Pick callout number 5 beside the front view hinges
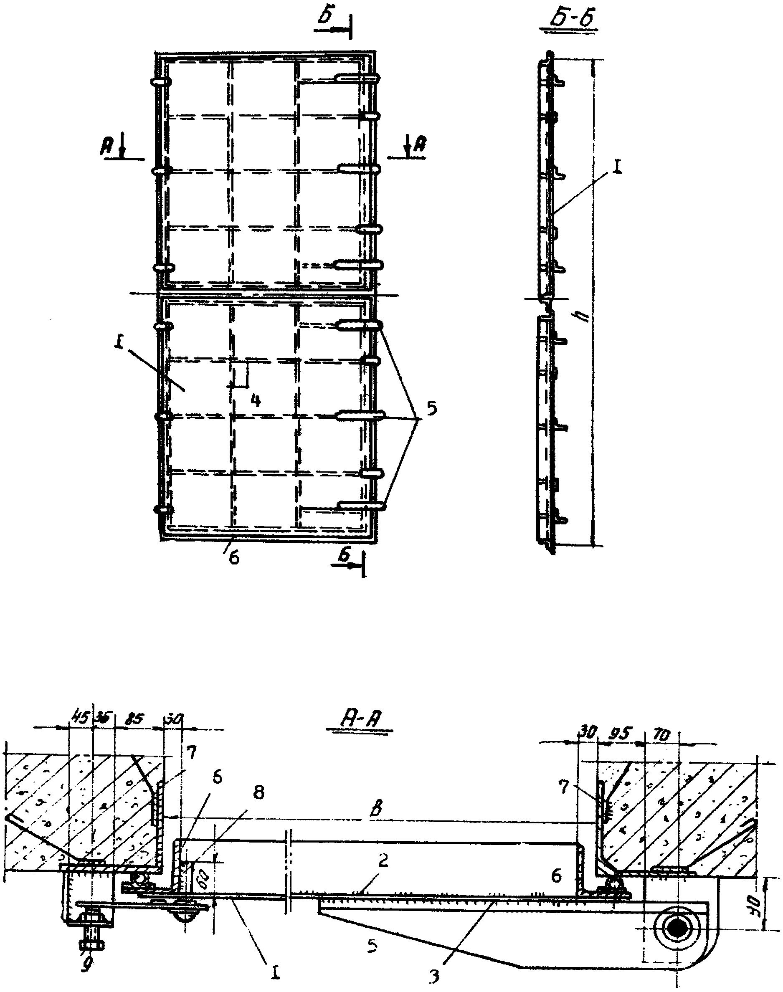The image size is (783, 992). [x=431, y=407]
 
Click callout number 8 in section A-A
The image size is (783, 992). [x=258, y=795]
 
